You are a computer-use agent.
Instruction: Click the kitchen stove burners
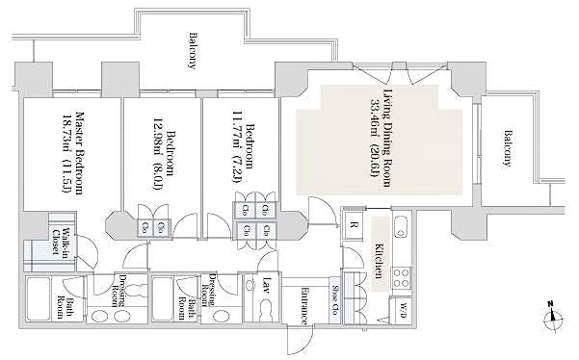401,275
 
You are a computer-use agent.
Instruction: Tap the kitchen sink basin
403,232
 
